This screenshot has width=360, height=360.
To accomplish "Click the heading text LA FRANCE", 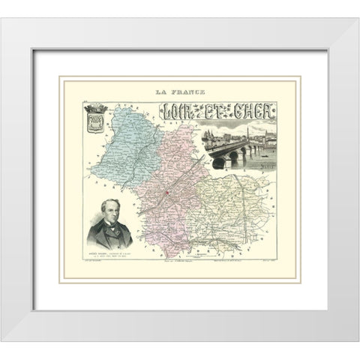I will click(180, 93).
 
